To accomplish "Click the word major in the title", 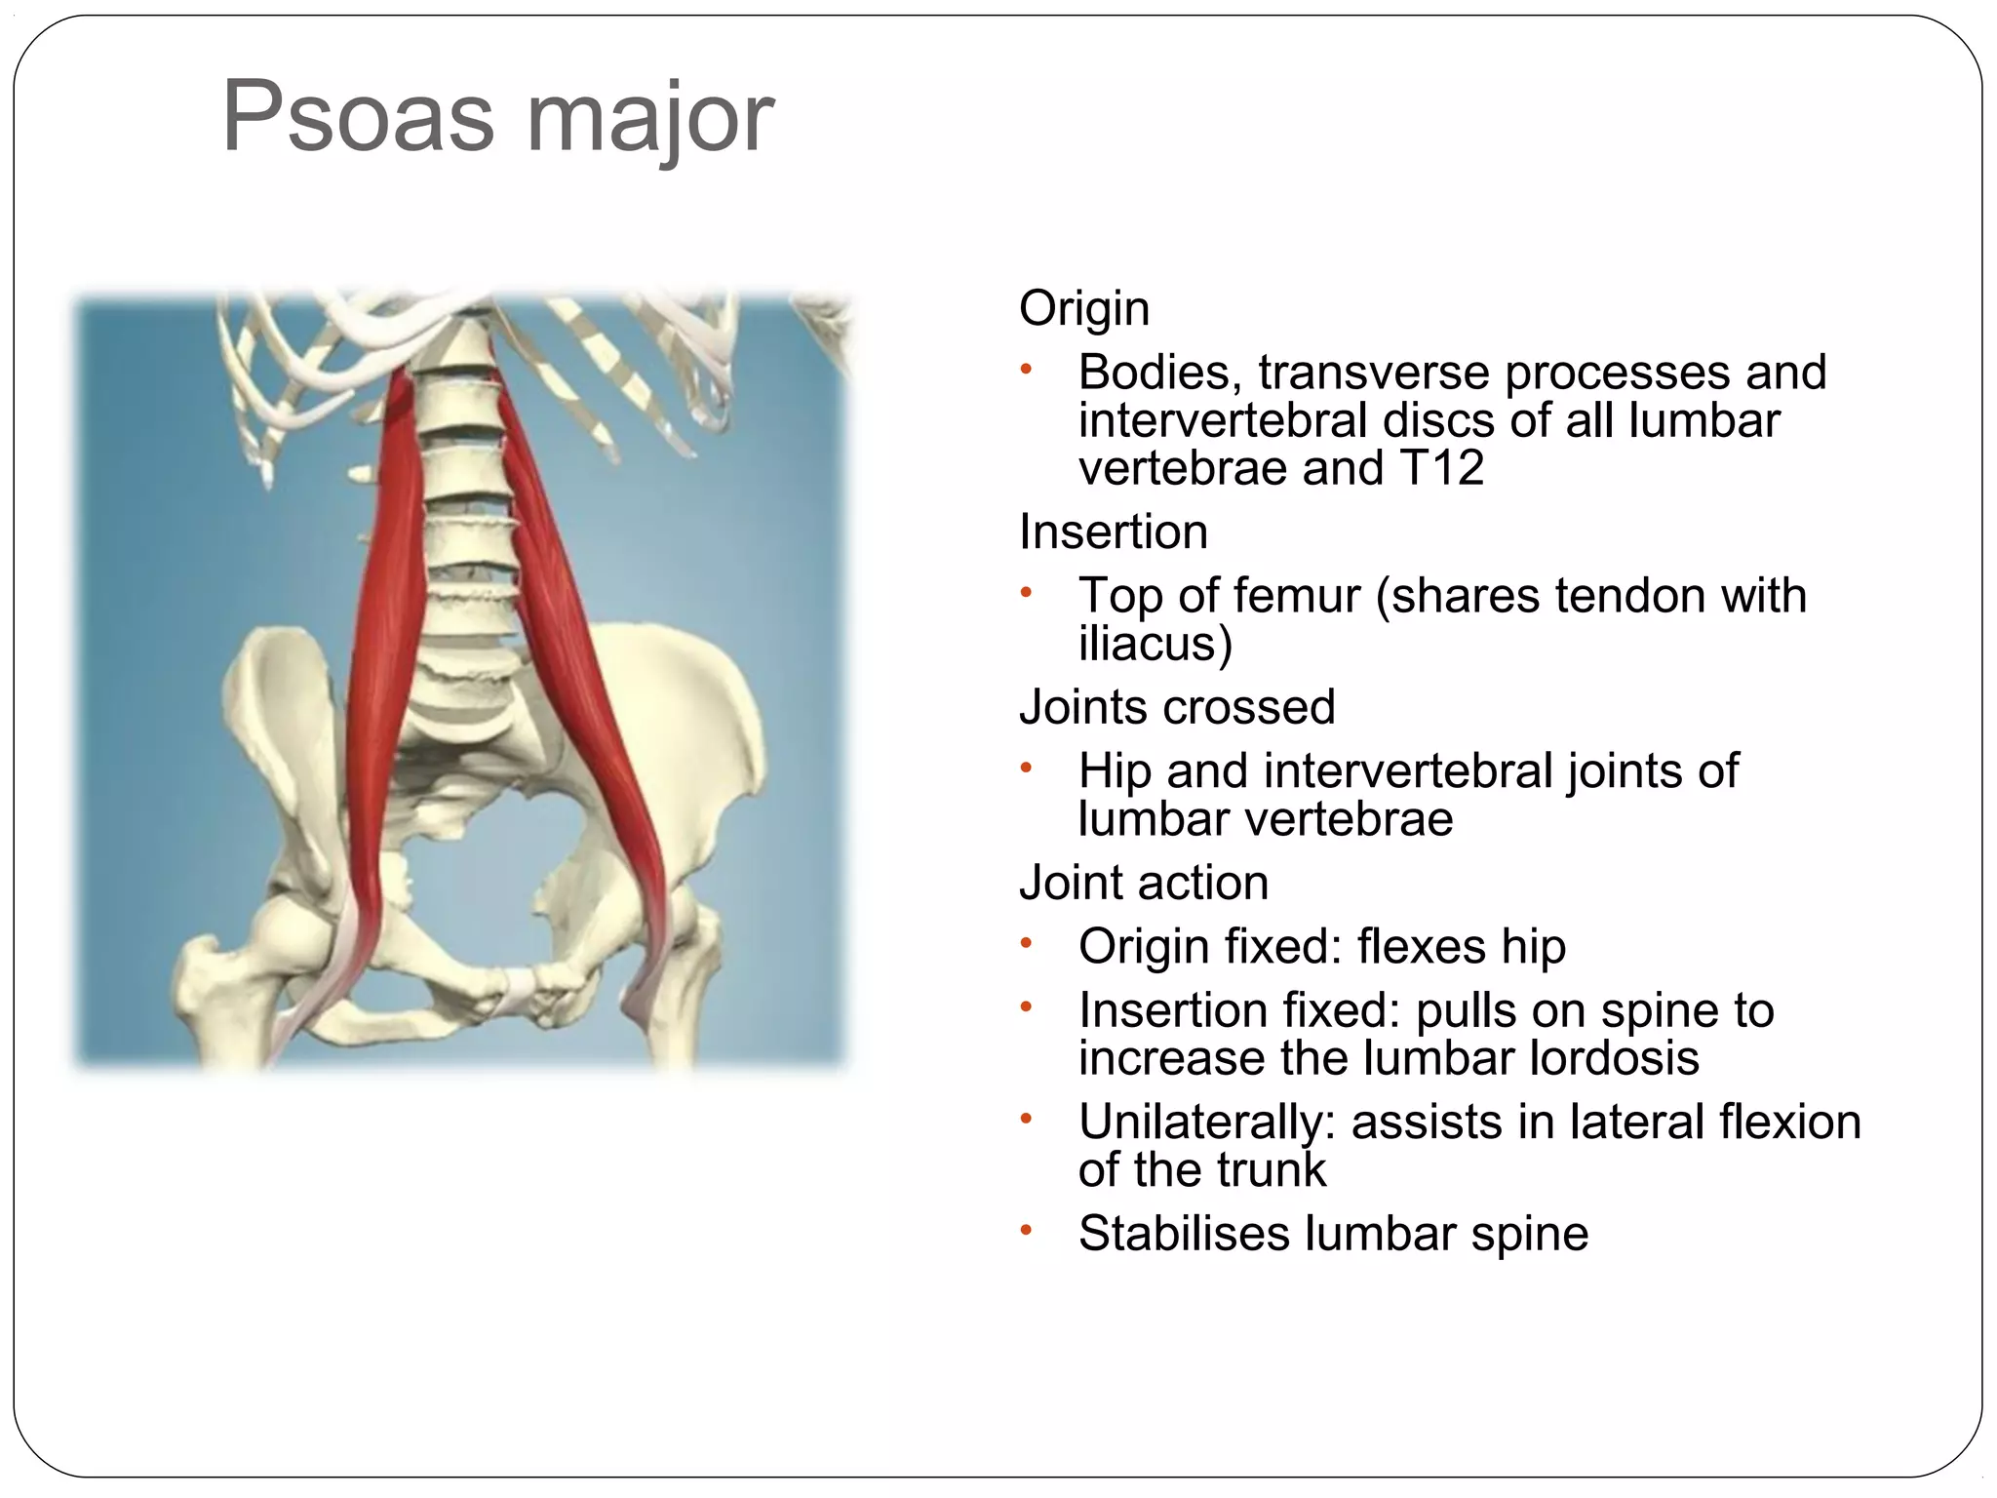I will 649,118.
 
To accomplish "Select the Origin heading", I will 1083,308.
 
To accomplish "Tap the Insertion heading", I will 1113,532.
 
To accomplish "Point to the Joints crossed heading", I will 1176,706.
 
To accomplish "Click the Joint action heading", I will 1143,882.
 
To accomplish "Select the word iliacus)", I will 1155,643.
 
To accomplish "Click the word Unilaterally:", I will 1206,1122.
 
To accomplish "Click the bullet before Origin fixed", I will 1025,943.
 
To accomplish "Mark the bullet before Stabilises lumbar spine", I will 1025,1231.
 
